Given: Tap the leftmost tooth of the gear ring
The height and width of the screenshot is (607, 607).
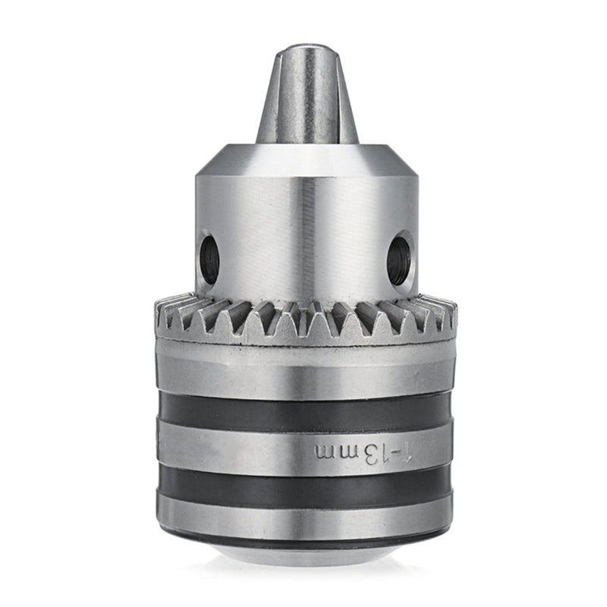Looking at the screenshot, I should (161, 313).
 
